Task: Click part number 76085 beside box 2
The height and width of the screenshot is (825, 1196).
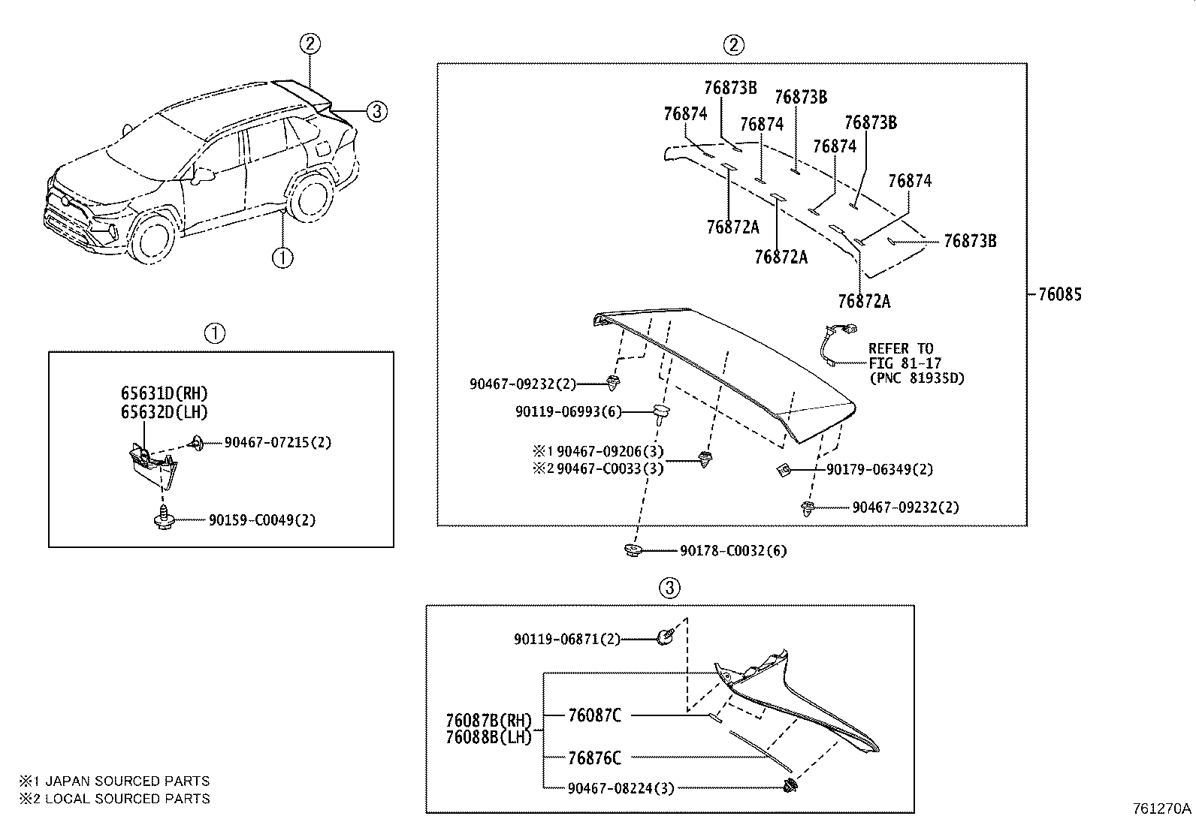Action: coord(1059,294)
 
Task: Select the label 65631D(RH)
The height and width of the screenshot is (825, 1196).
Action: coord(164,393)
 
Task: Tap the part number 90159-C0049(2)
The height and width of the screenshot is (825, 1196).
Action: coord(262,519)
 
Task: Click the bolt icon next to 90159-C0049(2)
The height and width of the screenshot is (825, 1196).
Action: coord(163,519)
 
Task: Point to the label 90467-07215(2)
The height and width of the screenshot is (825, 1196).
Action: coord(277,442)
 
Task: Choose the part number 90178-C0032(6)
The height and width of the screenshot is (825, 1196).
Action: coord(733,551)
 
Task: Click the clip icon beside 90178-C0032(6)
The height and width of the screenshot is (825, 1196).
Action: coord(633,551)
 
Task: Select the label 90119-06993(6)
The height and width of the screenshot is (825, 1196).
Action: coord(568,411)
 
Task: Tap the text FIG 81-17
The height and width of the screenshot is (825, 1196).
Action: coord(905,363)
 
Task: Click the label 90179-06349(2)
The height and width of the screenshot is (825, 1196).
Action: coord(880,469)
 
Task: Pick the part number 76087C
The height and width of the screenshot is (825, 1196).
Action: coord(594,715)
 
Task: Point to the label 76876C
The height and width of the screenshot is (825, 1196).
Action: coord(594,758)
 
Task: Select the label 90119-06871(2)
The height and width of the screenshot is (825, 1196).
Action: coord(567,639)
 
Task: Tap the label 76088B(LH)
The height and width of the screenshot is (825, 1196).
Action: coord(488,737)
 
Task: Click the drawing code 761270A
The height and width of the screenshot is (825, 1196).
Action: coord(1162,808)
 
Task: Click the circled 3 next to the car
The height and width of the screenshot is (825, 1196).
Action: coord(377,112)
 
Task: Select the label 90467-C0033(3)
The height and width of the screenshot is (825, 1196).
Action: coord(610,469)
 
